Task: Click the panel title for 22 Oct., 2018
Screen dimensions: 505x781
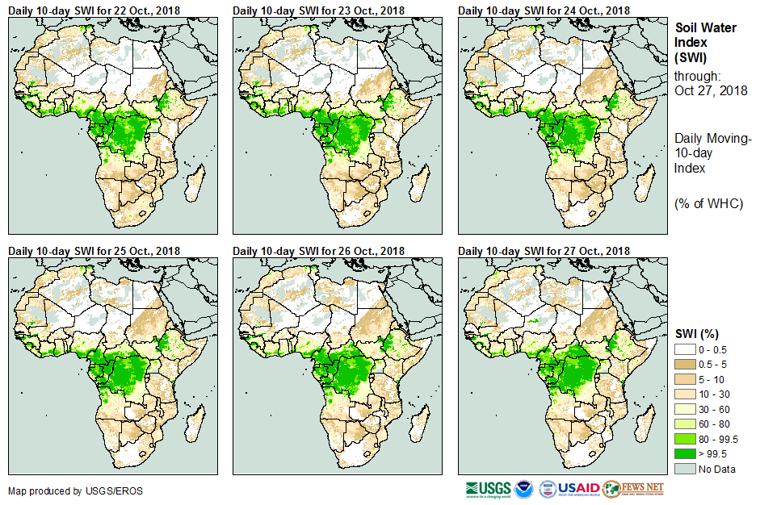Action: click(x=94, y=10)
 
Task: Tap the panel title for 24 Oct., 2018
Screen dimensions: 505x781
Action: click(x=544, y=10)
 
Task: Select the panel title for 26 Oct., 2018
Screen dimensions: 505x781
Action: click(x=319, y=251)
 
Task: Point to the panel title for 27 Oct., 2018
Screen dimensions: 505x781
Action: click(x=544, y=251)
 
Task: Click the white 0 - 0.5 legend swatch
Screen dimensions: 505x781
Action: click(x=686, y=349)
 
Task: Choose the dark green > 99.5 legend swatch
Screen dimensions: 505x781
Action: click(x=686, y=453)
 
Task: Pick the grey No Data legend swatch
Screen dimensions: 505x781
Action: click(x=686, y=469)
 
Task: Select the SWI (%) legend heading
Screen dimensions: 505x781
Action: click(x=697, y=333)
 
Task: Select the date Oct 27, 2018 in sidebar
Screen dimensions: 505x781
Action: click(x=711, y=90)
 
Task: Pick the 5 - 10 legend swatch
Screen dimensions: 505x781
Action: click(x=686, y=379)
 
